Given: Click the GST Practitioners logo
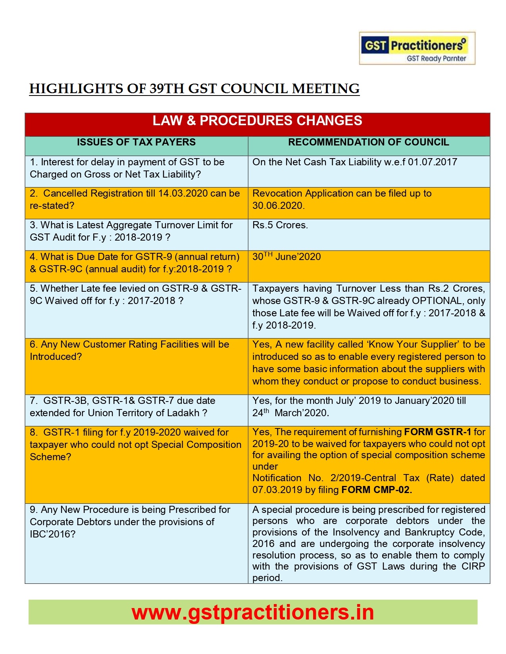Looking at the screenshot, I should click(x=417, y=48).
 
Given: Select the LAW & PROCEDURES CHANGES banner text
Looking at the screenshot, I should click(x=257, y=121).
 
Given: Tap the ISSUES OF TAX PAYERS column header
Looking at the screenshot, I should click(x=136, y=142).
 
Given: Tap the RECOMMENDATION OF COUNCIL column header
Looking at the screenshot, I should click(x=368, y=142).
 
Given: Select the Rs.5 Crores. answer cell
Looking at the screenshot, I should click(x=280, y=225).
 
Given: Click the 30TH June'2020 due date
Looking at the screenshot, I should click(x=287, y=257).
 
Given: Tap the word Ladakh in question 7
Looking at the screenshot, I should click(x=183, y=413).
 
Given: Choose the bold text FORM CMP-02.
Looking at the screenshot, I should click(x=376, y=490).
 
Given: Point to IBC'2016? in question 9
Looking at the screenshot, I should click(x=52, y=534).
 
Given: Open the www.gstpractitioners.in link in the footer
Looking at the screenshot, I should click(x=253, y=612).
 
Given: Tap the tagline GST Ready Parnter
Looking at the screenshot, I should click(x=436, y=59).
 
